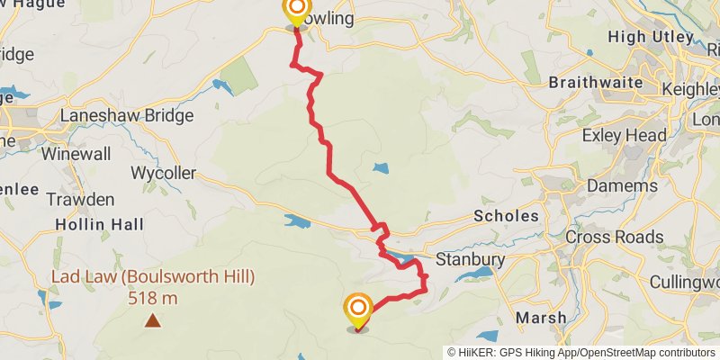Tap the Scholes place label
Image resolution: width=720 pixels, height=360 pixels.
click(506, 216)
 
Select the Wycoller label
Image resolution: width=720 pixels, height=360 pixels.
click(163, 173)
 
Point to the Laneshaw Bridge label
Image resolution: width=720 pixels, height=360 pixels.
click(127, 116)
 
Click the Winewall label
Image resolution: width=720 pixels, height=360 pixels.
click(76, 154)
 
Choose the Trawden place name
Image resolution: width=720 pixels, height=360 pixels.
click(80, 199)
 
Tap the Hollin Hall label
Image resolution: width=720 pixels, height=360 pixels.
click(99, 224)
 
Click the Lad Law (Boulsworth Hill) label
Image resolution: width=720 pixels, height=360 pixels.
click(153, 276)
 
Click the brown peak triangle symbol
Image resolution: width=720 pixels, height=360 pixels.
click(153, 319)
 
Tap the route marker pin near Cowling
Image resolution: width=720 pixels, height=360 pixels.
click(295, 13)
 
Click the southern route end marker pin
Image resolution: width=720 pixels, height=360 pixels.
click(357, 311)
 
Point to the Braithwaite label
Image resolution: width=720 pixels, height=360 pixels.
click(596, 83)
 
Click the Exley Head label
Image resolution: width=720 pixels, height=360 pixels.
click(625, 136)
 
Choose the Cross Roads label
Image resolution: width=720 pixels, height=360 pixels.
click(614, 238)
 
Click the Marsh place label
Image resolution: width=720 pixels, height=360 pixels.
click(542, 318)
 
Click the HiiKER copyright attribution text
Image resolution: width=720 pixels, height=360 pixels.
click(582, 352)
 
